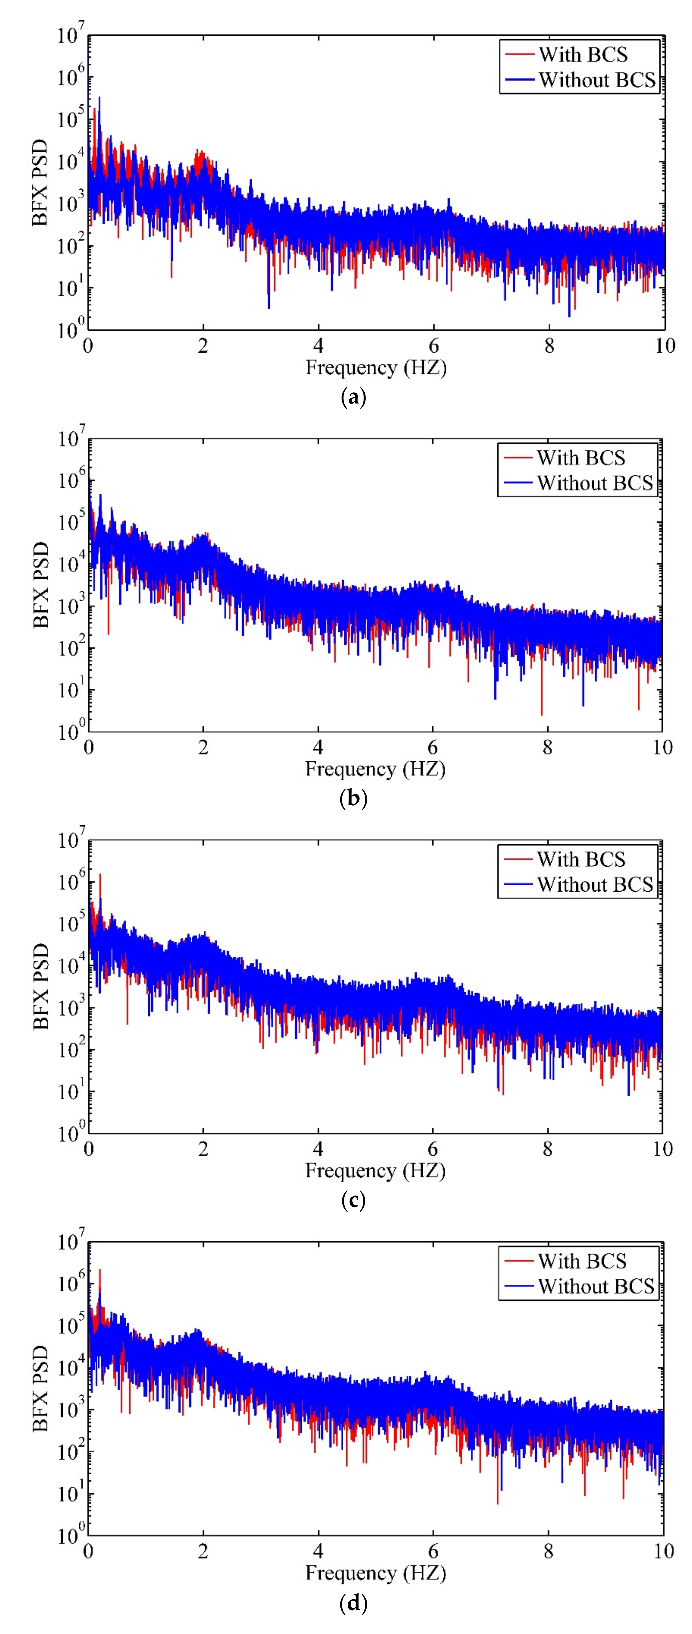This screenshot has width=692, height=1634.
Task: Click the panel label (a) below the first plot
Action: [x=353, y=398]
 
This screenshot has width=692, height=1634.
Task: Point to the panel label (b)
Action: [x=353, y=798]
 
